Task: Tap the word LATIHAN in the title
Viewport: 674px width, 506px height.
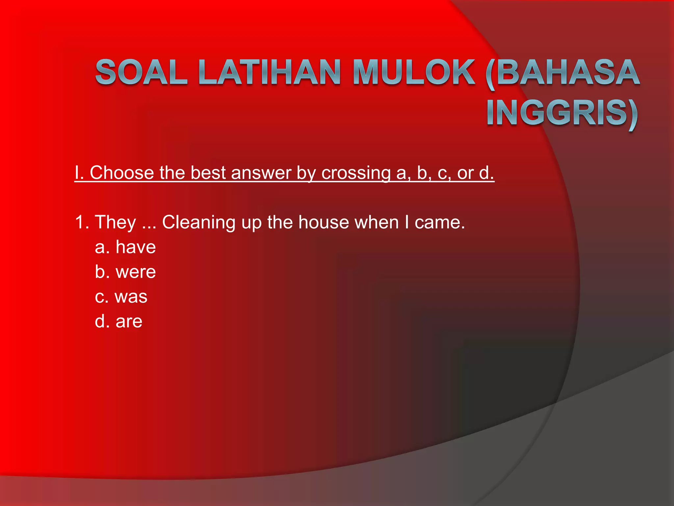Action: click(270, 72)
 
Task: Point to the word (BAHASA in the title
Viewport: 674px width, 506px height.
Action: click(563, 73)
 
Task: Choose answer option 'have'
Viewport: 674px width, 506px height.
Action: click(135, 247)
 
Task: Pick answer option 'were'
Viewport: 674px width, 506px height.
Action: click(135, 272)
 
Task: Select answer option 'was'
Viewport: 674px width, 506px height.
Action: click(131, 296)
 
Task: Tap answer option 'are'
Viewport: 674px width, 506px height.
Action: click(129, 321)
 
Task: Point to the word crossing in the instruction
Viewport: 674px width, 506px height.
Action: click(356, 173)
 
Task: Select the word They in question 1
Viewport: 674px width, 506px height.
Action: click(115, 222)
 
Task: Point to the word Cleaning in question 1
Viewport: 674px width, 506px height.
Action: click(199, 222)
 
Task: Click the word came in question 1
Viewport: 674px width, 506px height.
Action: click(440, 222)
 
